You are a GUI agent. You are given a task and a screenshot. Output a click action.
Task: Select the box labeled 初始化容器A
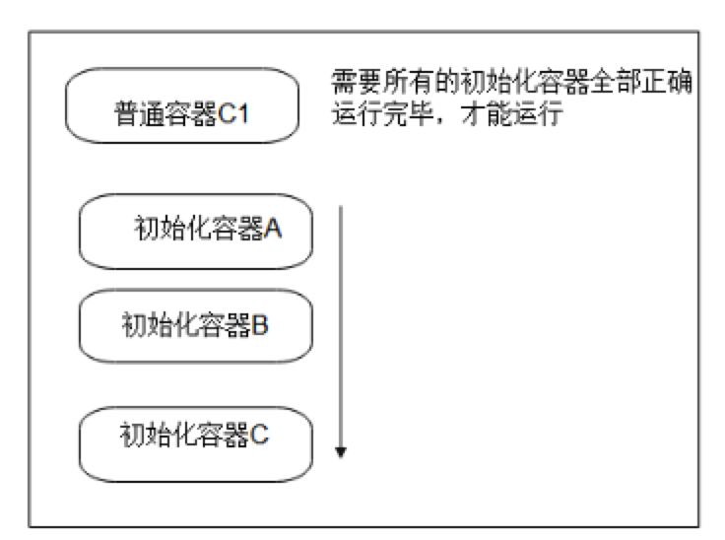coord(195,232)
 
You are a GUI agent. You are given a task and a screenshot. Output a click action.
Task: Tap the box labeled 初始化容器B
coord(195,325)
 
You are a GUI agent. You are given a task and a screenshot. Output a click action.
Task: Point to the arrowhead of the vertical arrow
coord(341,451)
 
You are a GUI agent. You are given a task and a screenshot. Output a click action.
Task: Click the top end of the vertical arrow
coord(341,207)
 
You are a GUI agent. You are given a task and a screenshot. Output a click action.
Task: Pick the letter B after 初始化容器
coord(260,324)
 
